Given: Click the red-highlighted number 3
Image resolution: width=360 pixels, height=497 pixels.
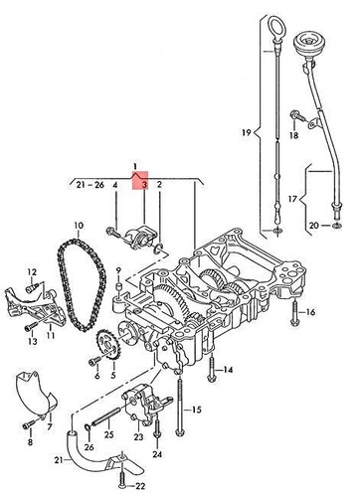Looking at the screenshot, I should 143,184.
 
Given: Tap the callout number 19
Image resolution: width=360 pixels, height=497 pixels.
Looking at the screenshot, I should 245,131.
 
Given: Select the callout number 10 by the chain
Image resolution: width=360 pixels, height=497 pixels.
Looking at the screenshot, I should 78,226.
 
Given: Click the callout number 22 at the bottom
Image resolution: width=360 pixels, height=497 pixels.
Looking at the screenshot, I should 140,484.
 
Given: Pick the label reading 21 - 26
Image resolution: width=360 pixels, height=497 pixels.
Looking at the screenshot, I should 87,184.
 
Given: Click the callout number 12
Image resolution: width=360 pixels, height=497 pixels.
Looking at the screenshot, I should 31,271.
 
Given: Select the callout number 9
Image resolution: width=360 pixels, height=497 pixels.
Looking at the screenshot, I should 118,269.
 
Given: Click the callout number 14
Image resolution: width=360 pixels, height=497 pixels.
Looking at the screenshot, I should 228,370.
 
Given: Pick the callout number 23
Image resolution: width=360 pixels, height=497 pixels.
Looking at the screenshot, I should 137,436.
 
